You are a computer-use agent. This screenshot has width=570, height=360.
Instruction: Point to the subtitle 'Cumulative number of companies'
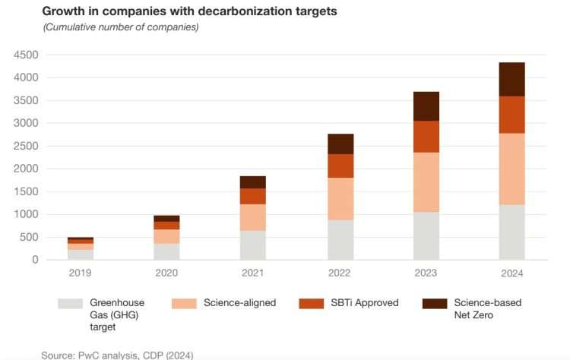pos(122,27)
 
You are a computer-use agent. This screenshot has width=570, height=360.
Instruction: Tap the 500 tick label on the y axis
pos(30,237)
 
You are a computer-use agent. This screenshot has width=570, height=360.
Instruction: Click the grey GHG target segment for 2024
pos(511,232)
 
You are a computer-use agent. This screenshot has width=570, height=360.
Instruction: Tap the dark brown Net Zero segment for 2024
pos(511,79)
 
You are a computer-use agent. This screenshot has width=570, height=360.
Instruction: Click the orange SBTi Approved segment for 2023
pos(426,137)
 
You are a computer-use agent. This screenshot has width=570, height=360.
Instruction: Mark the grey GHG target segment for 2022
pos(340,239)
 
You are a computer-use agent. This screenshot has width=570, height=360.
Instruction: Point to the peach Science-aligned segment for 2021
pos(253,217)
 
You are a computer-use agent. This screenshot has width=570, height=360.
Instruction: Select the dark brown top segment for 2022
pos(340,144)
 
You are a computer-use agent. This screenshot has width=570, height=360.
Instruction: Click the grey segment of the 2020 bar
pos(167,251)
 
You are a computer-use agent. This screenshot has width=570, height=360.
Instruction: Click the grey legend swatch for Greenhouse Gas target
pos(70,304)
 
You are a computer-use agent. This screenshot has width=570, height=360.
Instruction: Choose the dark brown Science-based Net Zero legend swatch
pos(435,304)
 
